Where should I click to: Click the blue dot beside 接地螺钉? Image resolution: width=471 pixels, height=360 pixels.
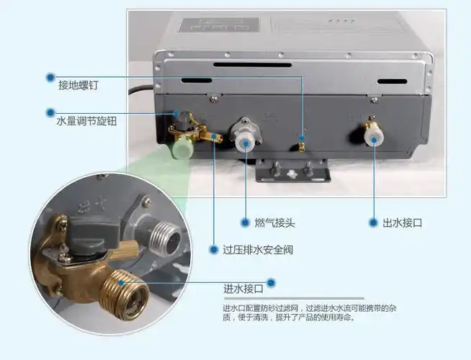(50, 76)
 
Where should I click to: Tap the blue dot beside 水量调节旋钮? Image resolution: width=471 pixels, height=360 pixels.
(50, 112)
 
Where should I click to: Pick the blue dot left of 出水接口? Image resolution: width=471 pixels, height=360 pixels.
(374, 222)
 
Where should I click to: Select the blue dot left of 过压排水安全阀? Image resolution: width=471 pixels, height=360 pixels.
(214, 250)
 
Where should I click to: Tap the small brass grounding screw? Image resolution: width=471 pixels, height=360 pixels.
(302, 146)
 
